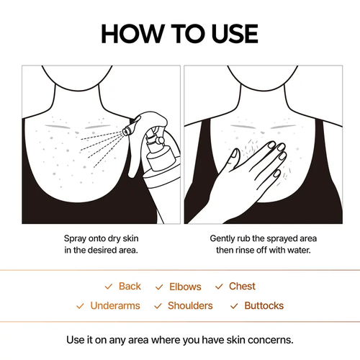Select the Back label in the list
130,287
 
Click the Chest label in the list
242,287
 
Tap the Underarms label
115,306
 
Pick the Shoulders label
190,306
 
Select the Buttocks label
264,306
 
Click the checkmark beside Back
109,287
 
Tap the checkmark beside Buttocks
233,306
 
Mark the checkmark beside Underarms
80,306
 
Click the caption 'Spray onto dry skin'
101,238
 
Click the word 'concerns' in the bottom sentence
271,339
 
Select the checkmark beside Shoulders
158,306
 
